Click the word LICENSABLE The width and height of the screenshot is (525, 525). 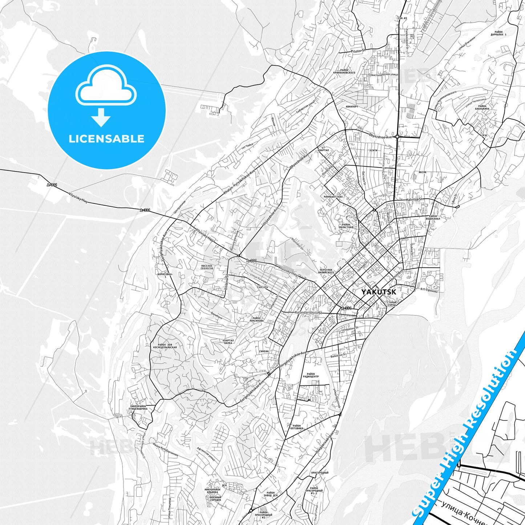106,139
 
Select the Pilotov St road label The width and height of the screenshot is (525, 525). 358,51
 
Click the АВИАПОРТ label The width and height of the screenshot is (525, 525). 352,107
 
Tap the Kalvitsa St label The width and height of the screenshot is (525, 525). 415,199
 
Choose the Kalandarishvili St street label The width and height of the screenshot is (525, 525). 308,312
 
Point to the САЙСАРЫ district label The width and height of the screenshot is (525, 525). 262,287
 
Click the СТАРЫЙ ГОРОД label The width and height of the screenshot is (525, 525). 391,304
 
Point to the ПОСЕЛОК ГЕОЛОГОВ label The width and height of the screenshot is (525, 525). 207,267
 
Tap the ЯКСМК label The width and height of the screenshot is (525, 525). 422,172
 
